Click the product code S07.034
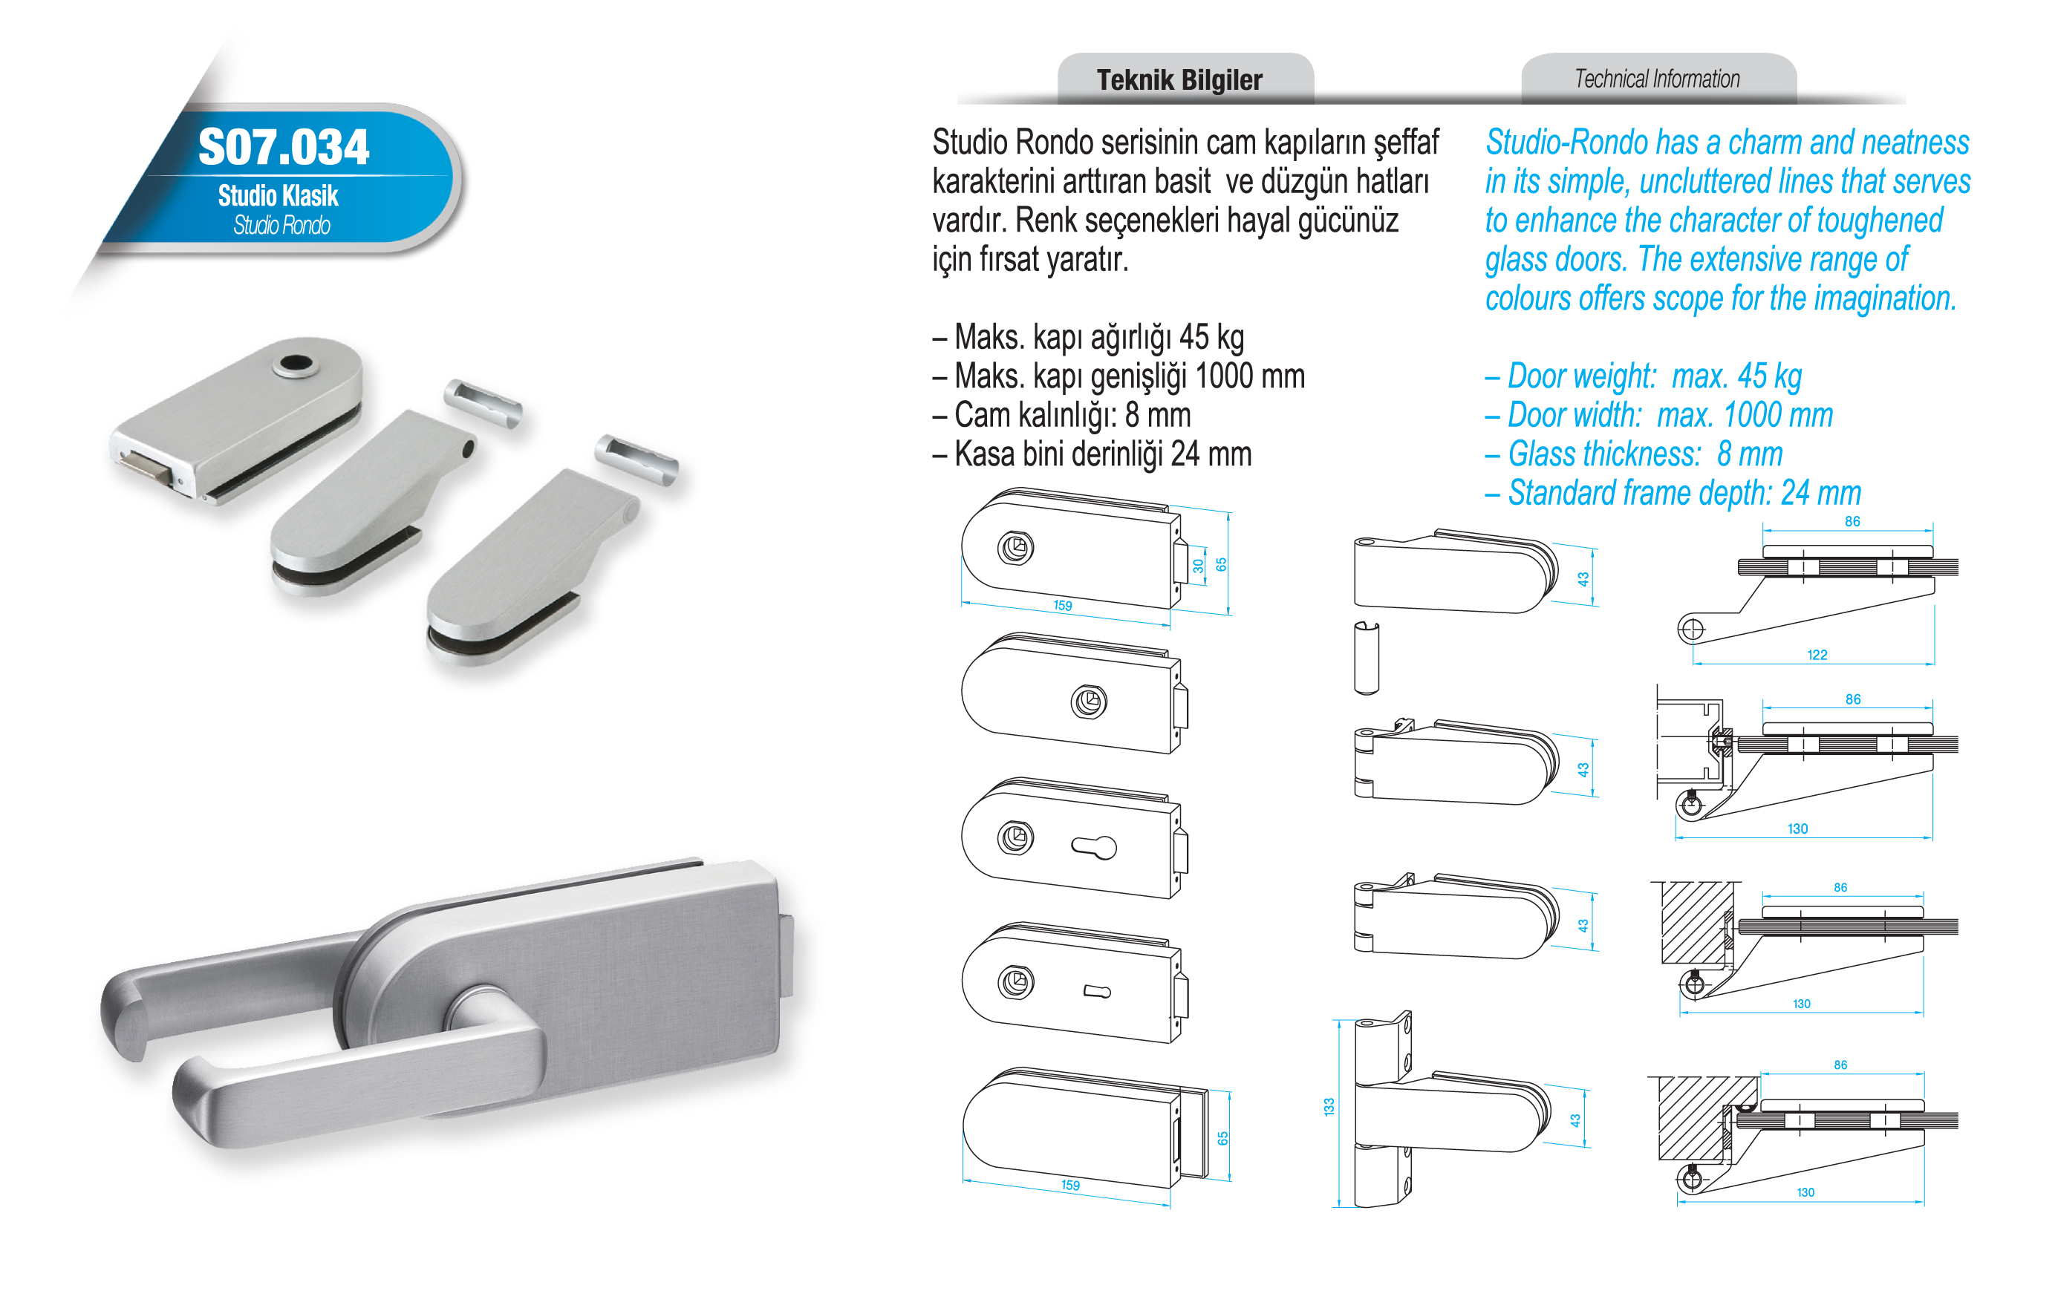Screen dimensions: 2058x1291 pos(284,147)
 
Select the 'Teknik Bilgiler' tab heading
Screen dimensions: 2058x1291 pos(1179,80)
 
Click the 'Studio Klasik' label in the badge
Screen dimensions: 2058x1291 pos(278,195)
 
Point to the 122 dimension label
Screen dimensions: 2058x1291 pos(1817,655)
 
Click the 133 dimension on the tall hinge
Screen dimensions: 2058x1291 pos(1329,1108)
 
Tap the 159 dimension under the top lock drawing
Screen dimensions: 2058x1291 pos(1062,605)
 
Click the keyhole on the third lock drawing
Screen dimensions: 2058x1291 pos(1094,847)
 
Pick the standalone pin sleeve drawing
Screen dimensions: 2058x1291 pos(1367,658)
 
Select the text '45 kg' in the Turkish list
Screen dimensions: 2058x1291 pos(1212,337)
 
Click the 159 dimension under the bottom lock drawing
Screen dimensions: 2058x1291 pos(1070,1185)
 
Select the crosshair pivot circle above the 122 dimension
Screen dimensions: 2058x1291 pos(1691,630)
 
